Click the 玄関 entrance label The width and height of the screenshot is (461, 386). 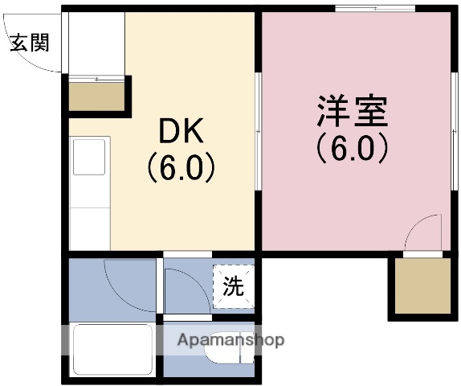pyautogui.click(x=29, y=43)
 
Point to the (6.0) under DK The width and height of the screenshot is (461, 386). pyautogui.click(x=181, y=166)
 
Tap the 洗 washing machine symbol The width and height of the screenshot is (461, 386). pyautogui.click(x=233, y=285)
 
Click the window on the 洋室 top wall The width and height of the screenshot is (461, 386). pyautogui.click(x=374, y=10)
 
